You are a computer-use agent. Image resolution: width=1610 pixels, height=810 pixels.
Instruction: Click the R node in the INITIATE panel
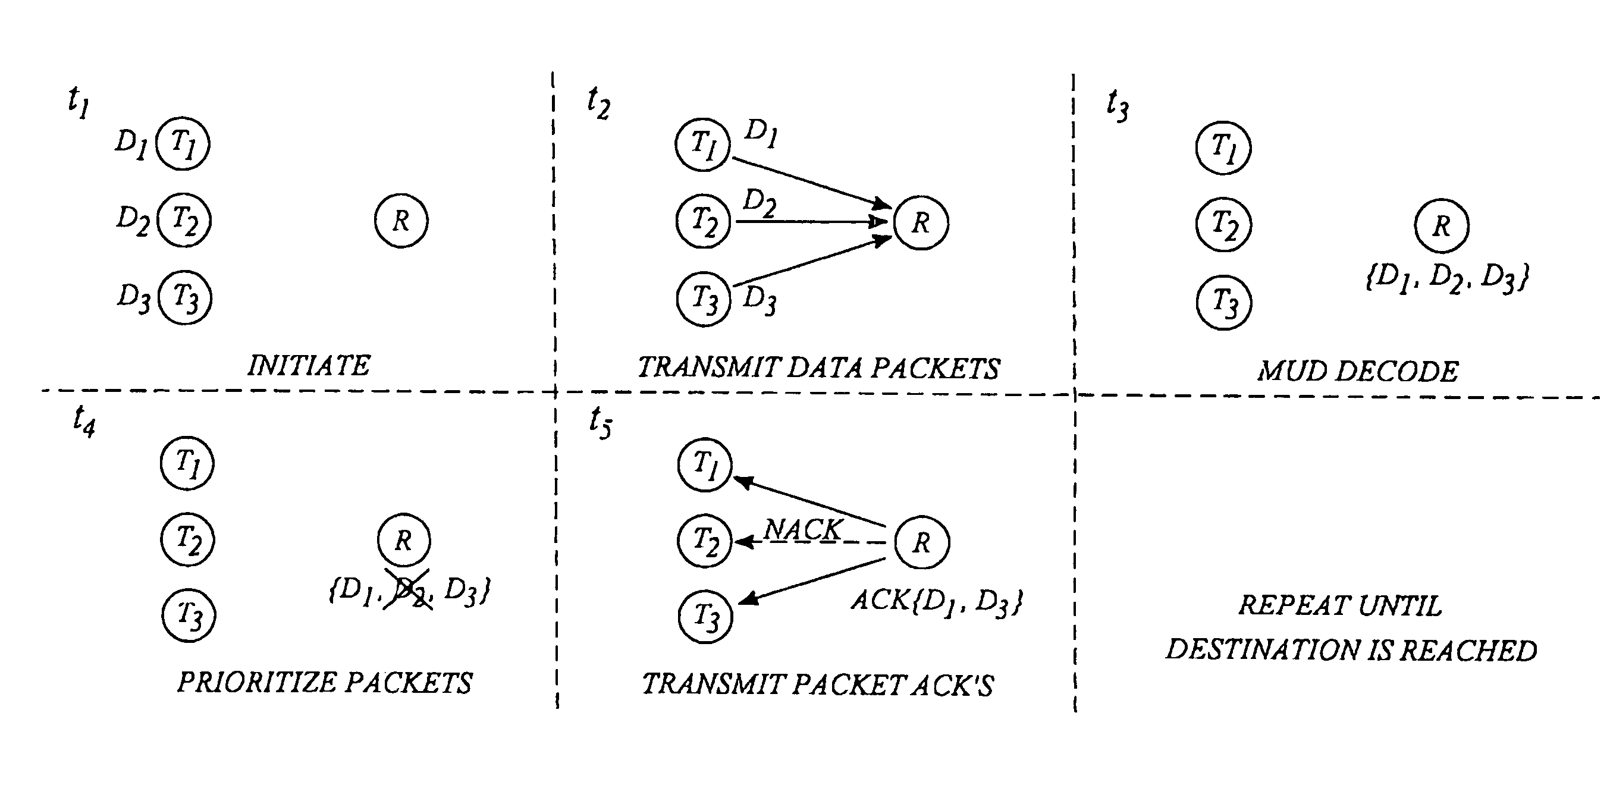(x=401, y=221)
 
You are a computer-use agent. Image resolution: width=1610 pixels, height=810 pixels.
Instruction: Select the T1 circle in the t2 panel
(x=702, y=145)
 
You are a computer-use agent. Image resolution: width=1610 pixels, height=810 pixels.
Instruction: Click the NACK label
(x=802, y=530)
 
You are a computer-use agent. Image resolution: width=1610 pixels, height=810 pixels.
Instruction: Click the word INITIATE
(x=309, y=366)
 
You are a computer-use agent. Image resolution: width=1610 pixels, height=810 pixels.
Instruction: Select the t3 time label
(x=1118, y=105)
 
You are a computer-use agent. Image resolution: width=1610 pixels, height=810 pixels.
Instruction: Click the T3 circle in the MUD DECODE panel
(x=1224, y=303)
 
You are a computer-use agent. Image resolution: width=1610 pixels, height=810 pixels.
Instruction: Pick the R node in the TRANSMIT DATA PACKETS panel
(x=921, y=222)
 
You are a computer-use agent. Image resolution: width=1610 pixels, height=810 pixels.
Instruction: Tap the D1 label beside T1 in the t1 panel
(x=131, y=144)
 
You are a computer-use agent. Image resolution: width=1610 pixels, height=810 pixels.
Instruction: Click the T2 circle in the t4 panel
(x=187, y=539)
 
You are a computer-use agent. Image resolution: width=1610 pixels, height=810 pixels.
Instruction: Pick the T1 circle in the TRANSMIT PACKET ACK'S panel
(x=705, y=464)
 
